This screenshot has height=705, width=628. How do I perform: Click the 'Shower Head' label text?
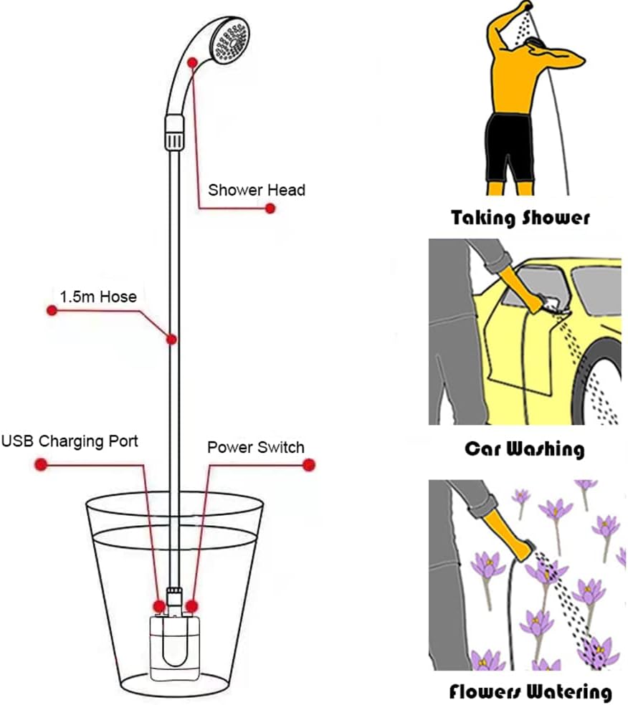pyautogui.click(x=256, y=190)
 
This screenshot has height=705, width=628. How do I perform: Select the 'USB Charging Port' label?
pyautogui.click(x=70, y=441)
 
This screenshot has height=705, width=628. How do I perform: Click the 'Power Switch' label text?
pyautogui.click(x=256, y=447)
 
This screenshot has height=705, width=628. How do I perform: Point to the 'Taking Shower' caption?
pyautogui.click(x=520, y=217)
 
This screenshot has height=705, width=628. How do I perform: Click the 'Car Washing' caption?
pyautogui.click(x=525, y=449)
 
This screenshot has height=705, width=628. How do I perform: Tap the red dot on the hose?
pyautogui.click(x=172, y=338)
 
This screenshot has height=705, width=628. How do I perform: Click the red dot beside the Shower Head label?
pyautogui.click(x=270, y=208)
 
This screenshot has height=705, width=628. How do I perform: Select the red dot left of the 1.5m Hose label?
pyautogui.click(x=51, y=310)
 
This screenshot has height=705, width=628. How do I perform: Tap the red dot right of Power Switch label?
pyautogui.click(x=309, y=465)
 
